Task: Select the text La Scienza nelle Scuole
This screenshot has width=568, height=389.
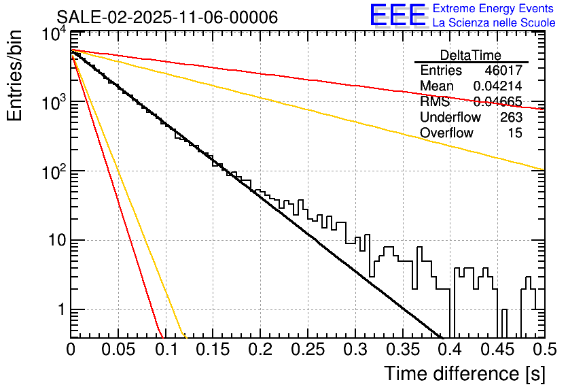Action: pos(494,23)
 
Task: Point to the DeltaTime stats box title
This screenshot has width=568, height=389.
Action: pos(471,55)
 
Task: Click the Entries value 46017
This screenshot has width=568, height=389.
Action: pos(503,71)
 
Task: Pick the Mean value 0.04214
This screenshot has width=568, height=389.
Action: pos(497,86)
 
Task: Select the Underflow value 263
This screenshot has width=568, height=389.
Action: pos(511,118)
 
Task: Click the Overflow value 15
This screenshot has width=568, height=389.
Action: pos(516,133)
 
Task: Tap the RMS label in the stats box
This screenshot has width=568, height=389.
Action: pos(435,102)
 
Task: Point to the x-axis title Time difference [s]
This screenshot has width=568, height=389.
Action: pos(463,373)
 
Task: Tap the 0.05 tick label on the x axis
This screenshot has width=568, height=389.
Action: pos(118,350)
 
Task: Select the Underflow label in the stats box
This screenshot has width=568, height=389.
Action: pos(450,118)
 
